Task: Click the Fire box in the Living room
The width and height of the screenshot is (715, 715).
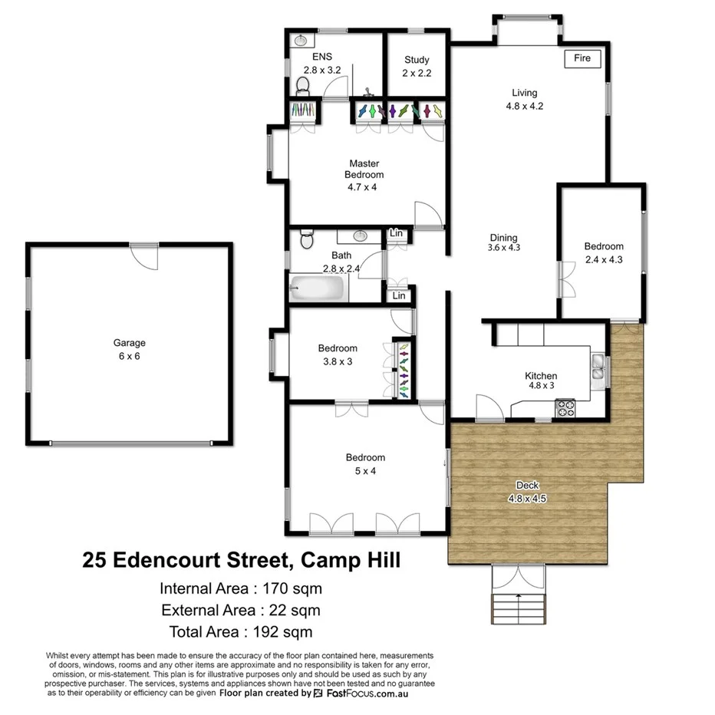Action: click(x=582, y=58)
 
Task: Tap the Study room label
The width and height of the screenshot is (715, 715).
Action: click(x=417, y=66)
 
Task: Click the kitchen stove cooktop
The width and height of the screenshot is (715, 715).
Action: click(x=565, y=407)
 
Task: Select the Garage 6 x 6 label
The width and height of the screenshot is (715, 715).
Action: click(x=129, y=350)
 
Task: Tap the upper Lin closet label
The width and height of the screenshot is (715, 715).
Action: click(x=396, y=233)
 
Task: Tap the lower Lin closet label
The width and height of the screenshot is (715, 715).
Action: click(x=399, y=295)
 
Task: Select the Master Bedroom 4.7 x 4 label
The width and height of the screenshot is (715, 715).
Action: click(x=364, y=175)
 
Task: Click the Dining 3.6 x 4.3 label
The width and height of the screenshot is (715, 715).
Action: click(x=503, y=242)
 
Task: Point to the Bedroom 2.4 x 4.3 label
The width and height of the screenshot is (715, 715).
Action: click(x=604, y=252)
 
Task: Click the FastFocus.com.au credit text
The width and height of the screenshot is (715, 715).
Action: click(x=367, y=693)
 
